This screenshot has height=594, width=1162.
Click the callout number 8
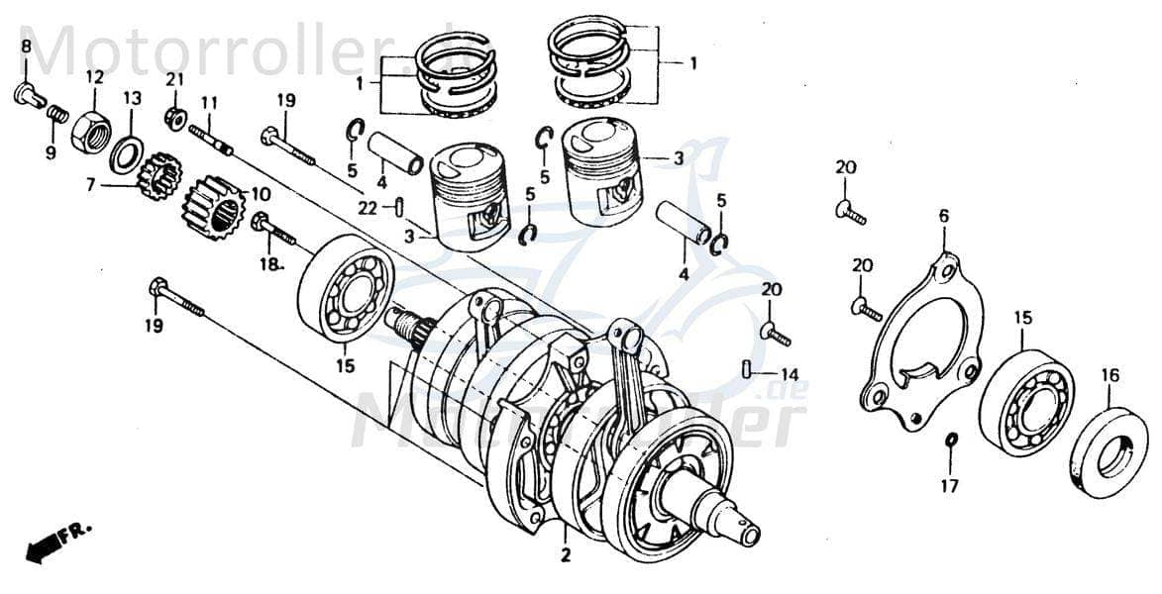click(26, 47)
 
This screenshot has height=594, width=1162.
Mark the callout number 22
click(368, 208)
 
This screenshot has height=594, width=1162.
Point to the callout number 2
click(566, 556)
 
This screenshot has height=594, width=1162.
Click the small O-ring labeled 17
click(951, 439)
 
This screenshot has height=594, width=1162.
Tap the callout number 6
click(943, 216)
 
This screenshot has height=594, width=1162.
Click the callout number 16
click(1109, 375)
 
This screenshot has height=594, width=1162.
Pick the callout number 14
click(789, 374)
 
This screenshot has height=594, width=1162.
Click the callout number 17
click(949, 486)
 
